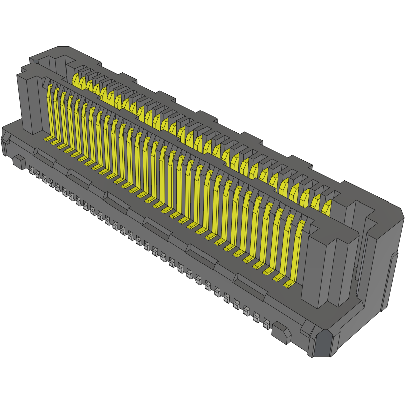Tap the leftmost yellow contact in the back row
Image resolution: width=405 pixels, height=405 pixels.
(x=76, y=79)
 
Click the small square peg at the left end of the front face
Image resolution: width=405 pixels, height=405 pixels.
(x=19, y=162)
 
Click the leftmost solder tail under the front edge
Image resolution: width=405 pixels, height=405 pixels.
(x=32, y=171)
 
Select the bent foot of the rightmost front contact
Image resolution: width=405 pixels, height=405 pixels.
(x=288, y=284)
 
